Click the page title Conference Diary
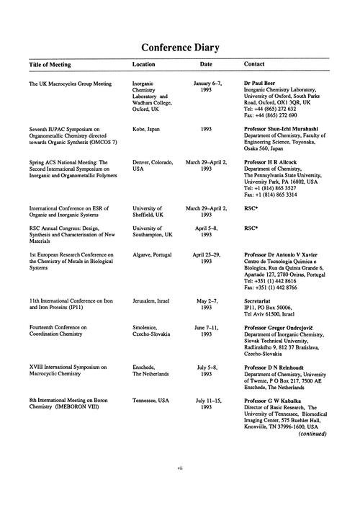click(x=180, y=48)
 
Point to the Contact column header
click(x=257, y=64)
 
